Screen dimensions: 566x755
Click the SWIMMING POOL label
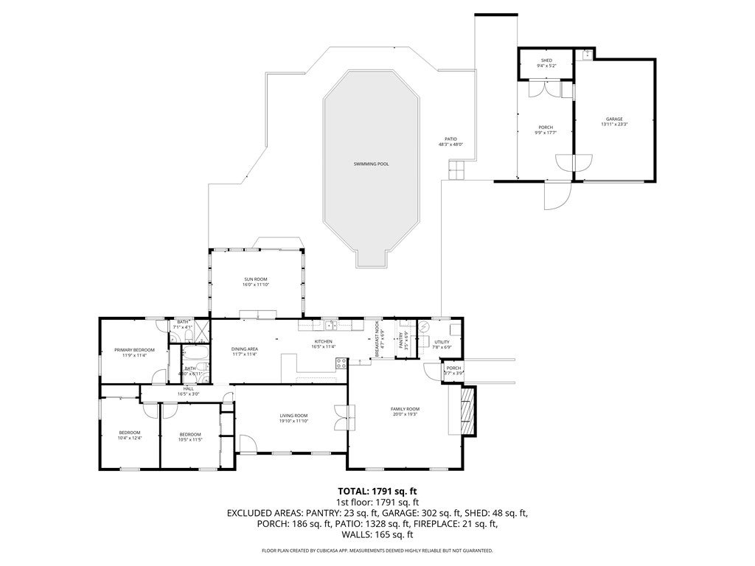tap(371, 164)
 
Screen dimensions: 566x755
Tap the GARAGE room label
tap(614, 119)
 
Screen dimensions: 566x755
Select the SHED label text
tap(546, 60)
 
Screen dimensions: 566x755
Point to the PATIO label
tap(450, 139)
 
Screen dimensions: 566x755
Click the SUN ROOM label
tap(257, 279)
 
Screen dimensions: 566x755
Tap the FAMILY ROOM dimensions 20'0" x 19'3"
tap(405, 414)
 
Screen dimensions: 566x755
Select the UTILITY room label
tap(442, 342)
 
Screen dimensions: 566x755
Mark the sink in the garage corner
tap(587, 54)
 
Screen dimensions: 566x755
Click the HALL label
tap(189, 388)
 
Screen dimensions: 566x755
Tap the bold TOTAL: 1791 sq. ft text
tap(377, 491)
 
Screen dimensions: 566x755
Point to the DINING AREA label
tap(244, 349)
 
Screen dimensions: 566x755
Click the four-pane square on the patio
tap(455, 170)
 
